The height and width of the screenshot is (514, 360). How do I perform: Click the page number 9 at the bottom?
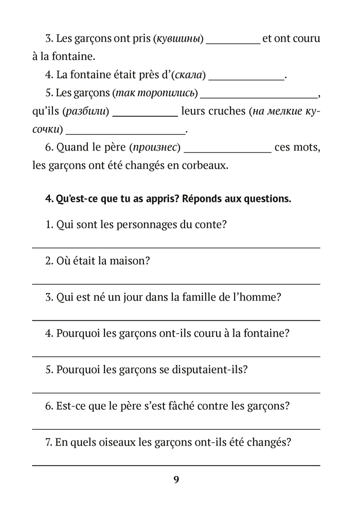click(176, 480)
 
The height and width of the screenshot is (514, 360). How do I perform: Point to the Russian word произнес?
click(155, 148)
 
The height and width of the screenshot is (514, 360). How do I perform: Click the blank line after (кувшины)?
click(233, 43)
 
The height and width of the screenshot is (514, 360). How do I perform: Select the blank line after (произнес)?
click(227, 152)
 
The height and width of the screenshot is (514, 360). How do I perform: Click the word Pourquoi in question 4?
click(78, 334)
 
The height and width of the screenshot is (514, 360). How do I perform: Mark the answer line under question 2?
click(176, 284)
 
